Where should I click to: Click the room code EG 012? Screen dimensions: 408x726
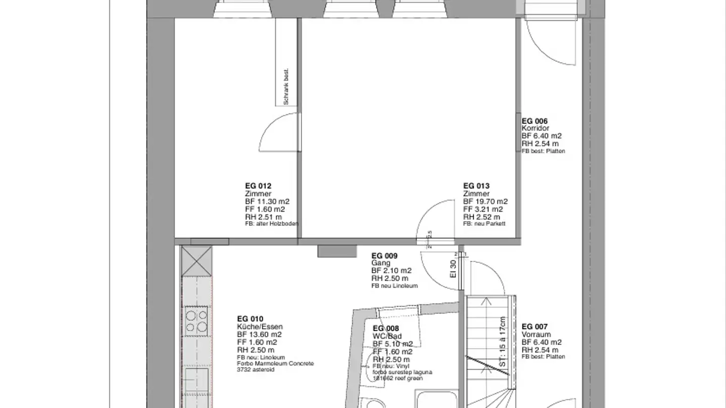[x=258, y=186]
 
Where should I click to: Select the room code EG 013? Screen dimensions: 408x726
[x=476, y=186]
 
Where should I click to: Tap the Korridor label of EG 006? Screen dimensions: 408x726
[x=535, y=128]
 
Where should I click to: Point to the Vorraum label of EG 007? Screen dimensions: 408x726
[x=536, y=334]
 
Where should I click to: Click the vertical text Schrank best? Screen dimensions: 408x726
[x=286, y=87]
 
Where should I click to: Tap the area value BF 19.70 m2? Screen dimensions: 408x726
[x=485, y=201]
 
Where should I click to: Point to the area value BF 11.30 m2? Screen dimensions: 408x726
[x=267, y=201]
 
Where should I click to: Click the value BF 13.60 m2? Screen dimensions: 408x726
[x=259, y=334]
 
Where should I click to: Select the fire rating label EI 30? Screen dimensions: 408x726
[x=453, y=268]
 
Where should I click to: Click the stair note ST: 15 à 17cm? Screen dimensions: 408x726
[x=502, y=341]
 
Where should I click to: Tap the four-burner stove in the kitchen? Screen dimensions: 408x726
[x=196, y=321]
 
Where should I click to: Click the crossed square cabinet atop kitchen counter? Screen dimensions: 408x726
[x=196, y=260]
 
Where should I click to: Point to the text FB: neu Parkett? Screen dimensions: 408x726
[x=484, y=224]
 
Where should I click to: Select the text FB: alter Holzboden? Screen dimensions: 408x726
[x=271, y=224]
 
